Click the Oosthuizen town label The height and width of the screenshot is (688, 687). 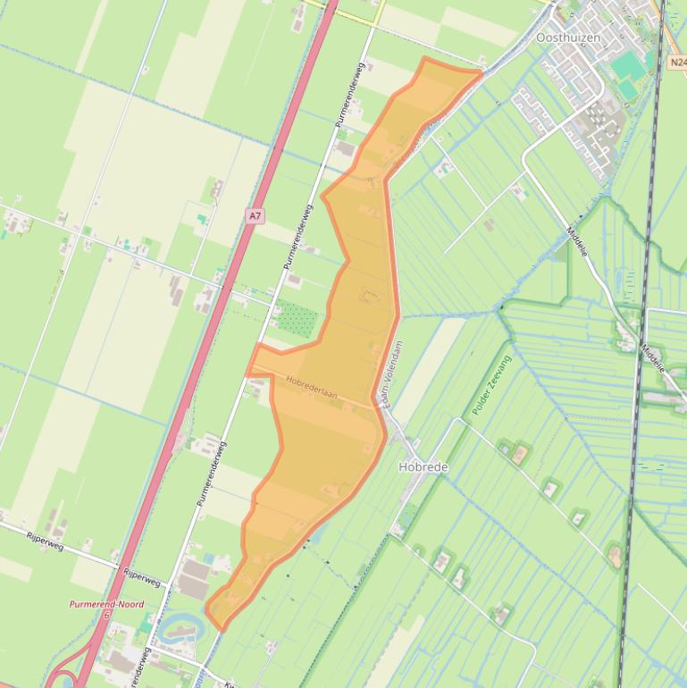pos(568,38)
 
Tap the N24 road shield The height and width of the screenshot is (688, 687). pos(677,63)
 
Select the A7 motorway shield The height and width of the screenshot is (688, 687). pos(256,216)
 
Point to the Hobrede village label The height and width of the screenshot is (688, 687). pos(423,467)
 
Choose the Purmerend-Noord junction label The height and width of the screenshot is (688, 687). pos(106,604)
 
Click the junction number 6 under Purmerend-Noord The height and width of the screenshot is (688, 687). pos(106,615)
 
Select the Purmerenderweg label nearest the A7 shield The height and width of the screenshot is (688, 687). pos(298,237)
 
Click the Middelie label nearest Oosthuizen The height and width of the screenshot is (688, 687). pos(578,241)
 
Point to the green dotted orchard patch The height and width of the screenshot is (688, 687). pos(297,317)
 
